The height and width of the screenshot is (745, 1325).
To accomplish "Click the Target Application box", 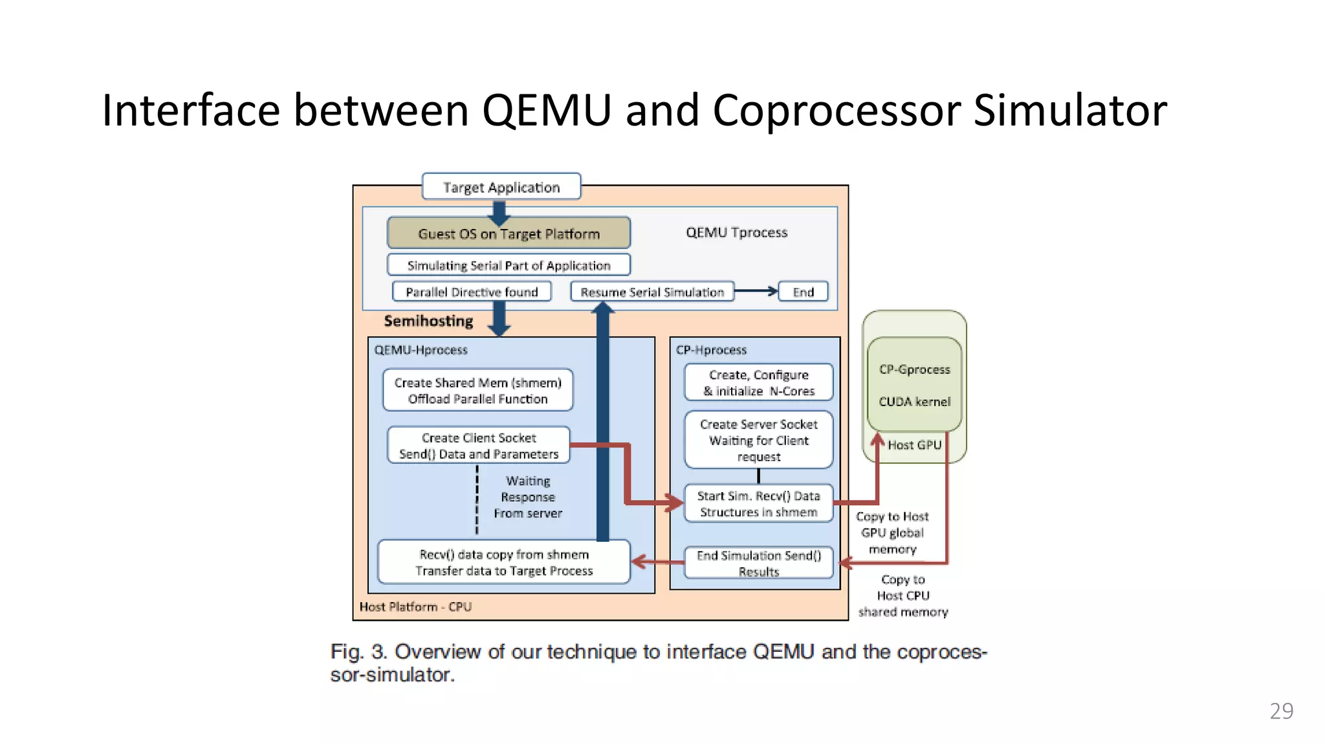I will tap(501, 187).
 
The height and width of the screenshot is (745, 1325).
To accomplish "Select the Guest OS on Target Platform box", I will tap(509, 233).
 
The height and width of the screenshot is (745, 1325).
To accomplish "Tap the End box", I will tap(803, 292).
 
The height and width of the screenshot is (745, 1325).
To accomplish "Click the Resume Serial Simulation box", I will tap(652, 292).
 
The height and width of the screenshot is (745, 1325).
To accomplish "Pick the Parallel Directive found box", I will tap(472, 292).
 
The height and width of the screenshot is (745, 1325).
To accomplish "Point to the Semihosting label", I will tap(428, 321).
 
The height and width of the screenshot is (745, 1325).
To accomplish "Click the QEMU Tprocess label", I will tap(736, 232).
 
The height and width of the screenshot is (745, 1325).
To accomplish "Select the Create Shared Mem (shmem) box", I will tap(477, 390).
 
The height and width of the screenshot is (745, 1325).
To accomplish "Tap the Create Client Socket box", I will tap(479, 446).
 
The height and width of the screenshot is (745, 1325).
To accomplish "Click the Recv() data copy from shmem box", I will tap(503, 562).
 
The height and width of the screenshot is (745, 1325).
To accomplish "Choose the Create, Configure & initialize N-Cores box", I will tap(758, 382).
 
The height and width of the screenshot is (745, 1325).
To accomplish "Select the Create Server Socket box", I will tap(758, 440).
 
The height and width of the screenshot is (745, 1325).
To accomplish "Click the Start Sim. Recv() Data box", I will tap(758, 503).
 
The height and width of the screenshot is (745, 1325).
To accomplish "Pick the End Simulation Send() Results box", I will tap(758, 562).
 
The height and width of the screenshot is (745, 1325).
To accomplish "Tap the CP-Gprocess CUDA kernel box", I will tap(914, 385).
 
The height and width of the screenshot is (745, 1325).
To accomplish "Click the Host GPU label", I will tap(914, 445).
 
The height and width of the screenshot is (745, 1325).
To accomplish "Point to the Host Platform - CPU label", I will tap(415, 607).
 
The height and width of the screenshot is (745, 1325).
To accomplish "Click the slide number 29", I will tap(1281, 711).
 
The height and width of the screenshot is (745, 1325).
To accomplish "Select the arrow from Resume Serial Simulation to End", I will tap(756, 291).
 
